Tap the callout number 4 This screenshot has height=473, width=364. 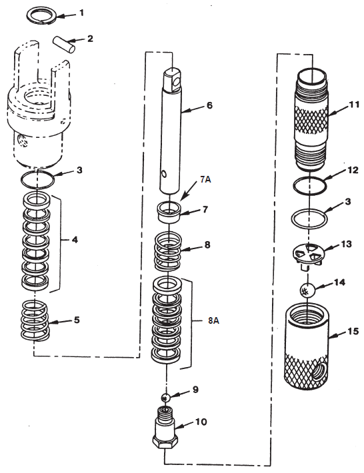[x=75, y=238]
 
